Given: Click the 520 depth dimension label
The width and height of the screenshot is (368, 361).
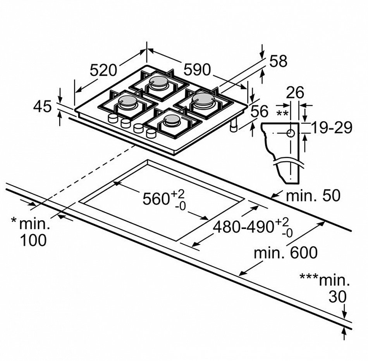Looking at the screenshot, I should [x=103, y=70].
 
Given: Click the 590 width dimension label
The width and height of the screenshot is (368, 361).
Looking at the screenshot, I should [x=197, y=70].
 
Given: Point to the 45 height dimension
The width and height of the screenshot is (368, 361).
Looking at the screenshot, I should [x=42, y=106].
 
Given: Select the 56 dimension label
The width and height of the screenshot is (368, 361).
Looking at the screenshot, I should [x=259, y=111].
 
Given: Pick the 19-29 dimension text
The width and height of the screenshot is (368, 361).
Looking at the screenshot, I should [x=332, y=127].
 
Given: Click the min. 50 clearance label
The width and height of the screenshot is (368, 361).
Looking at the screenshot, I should [x=313, y=195].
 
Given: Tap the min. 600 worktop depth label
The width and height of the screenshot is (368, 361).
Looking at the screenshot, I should [x=286, y=253].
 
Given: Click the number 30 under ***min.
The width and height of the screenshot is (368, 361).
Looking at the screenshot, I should [x=337, y=297].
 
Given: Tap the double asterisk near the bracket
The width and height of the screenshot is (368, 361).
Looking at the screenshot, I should [x=282, y=113].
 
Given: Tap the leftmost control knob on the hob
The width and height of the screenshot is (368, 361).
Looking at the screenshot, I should [x=113, y=119].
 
